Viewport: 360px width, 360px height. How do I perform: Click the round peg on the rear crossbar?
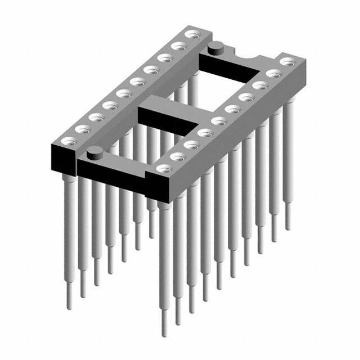(x=215, y=49)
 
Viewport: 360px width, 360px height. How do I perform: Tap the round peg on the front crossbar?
(x=95, y=151)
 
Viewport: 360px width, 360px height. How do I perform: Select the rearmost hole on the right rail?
(x=289, y=61)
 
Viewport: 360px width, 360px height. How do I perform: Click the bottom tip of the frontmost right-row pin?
(x=164, y=335)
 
